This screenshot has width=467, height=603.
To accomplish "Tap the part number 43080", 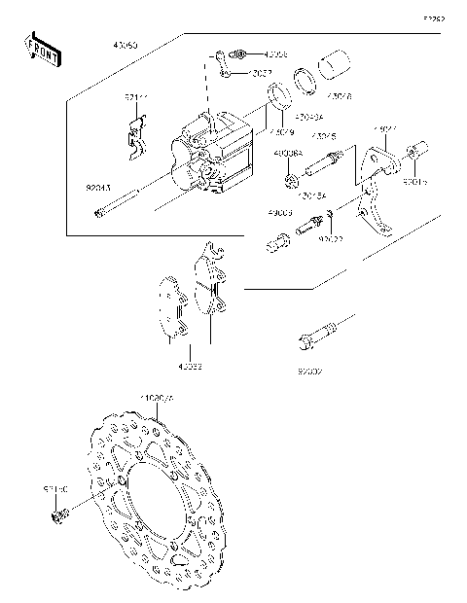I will click(x=126, y=46).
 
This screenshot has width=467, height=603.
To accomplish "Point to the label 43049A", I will click(x=309, y=117).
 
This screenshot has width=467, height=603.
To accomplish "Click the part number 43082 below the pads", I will click(x=190, y=367).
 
